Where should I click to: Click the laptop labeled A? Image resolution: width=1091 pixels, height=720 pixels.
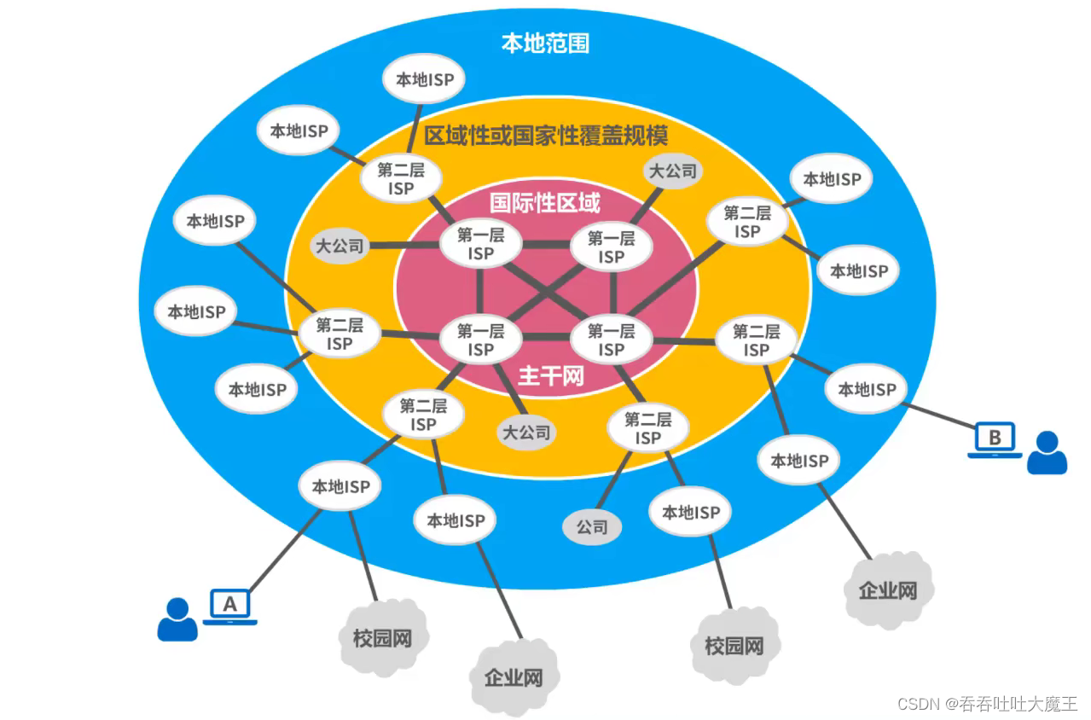tap(229, 605)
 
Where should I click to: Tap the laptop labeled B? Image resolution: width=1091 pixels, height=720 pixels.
tap(995, 438)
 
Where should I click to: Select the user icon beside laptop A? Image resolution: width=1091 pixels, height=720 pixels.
tap(177, 618)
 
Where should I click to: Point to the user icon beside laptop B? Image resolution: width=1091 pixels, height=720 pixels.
tap(1047, 452)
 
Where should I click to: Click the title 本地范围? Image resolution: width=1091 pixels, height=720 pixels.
tap(545, 44)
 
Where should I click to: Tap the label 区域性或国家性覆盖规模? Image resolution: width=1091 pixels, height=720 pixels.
tap(546, 135)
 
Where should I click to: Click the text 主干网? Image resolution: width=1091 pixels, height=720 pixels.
tap(551, 375)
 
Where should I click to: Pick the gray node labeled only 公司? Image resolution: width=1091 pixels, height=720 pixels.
tap(592, 527)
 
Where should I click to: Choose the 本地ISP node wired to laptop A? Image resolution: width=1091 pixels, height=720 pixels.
tap(340, 487)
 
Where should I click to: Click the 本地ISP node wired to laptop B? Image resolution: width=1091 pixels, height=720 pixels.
tap(867, 389)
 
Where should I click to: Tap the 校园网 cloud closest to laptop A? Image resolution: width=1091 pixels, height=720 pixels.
tap(382, 637)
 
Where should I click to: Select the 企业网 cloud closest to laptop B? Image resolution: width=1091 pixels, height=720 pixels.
tap(888, 589)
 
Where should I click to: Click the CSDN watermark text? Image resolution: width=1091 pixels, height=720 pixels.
tap(987, 704)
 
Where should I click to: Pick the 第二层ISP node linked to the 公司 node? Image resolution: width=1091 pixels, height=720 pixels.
tap(647, 428)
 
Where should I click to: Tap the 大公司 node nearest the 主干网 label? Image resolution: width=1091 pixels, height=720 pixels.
tap(526, 432)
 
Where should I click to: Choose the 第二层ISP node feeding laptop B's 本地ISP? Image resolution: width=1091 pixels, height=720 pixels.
tap(756, 340)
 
